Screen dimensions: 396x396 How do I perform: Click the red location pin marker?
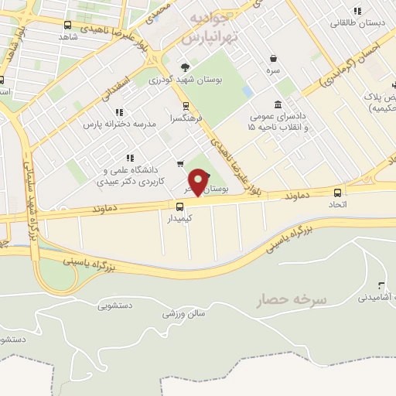(x=199, y=183)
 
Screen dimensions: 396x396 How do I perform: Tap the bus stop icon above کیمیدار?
(x=179, y=207)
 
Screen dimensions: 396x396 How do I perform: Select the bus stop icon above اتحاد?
(x=336, y=193)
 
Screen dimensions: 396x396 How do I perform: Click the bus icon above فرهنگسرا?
(x=185, y=107)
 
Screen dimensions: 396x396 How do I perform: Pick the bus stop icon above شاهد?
(x=68, y=25)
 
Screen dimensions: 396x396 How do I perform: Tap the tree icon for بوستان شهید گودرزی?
(x=184, y=67)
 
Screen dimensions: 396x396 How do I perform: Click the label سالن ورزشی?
(x=183, y=313)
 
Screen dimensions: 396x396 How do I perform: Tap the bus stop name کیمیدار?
(x=179, y=219)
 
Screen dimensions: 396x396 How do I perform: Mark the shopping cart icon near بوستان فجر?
(x=180, y=163)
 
